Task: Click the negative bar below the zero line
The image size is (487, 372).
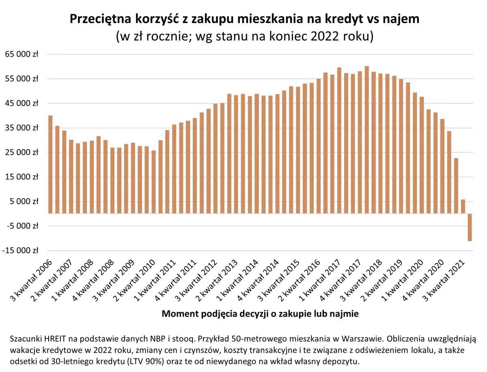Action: click(x=470, y=227)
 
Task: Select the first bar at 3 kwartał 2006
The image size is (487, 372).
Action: click(x=50, y=165)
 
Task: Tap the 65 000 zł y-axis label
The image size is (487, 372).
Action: click(x=20, y=54)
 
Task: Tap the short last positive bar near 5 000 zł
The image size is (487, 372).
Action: click(x=463, y=207)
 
